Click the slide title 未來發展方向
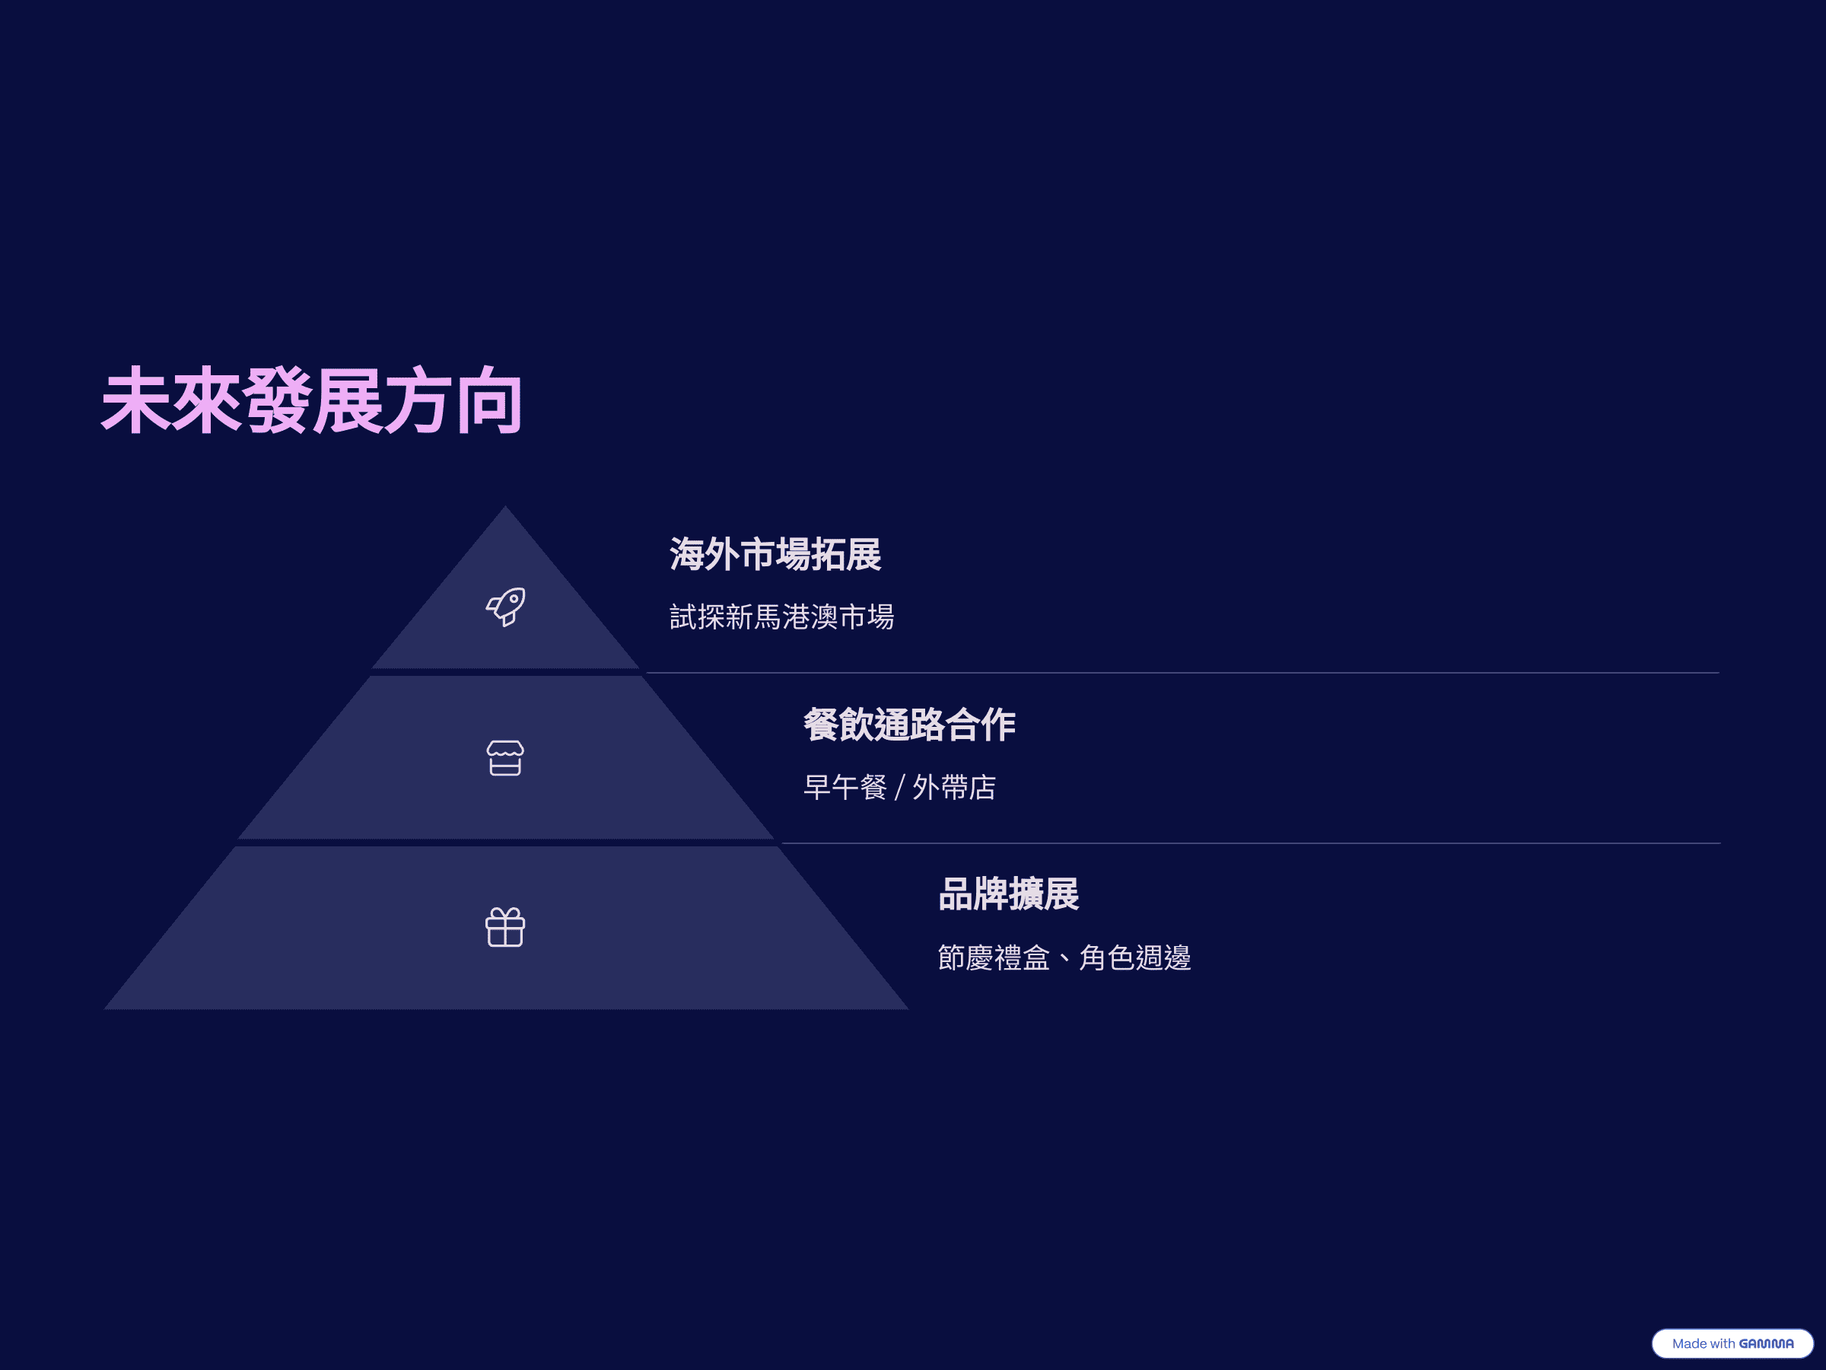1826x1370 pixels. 311,401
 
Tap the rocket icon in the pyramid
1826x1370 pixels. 505,607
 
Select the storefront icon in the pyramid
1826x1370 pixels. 505,758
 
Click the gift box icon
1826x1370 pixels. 505,927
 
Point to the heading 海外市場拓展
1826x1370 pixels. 775,554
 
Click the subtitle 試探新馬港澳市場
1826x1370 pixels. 781,616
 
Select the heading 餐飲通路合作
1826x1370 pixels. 910,725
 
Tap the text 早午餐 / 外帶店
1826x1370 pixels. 900,788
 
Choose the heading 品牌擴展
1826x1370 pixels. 1009,894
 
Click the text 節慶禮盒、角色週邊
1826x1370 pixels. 1065,958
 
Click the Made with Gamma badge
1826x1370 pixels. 1732,1343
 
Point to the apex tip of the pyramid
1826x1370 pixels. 505,506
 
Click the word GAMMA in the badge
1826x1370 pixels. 1766,1343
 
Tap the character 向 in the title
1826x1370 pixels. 488,401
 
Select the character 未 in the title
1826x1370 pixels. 135,401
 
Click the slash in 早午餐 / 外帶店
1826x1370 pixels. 900,788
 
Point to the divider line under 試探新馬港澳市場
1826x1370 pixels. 1182,673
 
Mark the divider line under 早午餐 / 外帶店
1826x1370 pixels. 1251,843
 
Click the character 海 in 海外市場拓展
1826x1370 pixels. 687,554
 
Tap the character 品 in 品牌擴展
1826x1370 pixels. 956,894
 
